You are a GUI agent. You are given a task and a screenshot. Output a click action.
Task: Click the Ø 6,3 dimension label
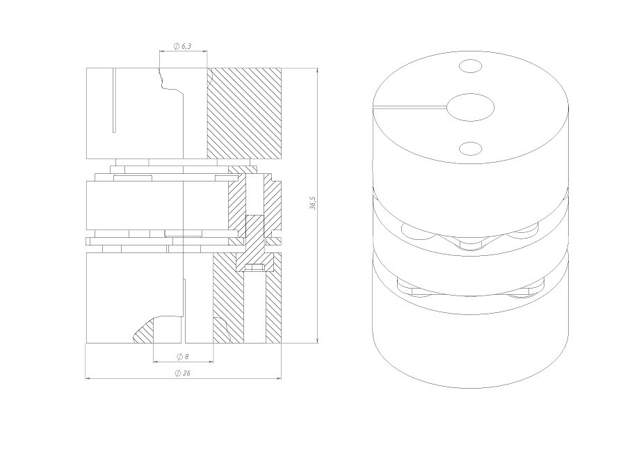click(x=182, y=46)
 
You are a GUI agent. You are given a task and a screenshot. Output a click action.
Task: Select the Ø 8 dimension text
click(x=183, y=357)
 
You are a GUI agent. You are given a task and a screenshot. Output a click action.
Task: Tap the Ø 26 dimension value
click(x=183, y=373)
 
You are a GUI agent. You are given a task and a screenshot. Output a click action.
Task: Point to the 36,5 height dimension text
click(x=313, y=203)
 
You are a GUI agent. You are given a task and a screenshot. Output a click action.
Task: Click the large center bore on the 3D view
click(x=470, y=108)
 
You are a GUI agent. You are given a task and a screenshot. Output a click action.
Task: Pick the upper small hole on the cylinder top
click(x=470, y=66)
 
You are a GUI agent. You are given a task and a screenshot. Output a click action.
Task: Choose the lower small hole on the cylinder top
click(x=470, y=149)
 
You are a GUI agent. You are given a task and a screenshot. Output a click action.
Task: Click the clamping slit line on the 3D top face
click(x=410, y=108)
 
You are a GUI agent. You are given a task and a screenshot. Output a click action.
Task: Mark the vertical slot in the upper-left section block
click(x=115, y=100)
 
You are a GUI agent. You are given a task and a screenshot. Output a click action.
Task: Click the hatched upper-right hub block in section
click(x=245, y=113)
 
